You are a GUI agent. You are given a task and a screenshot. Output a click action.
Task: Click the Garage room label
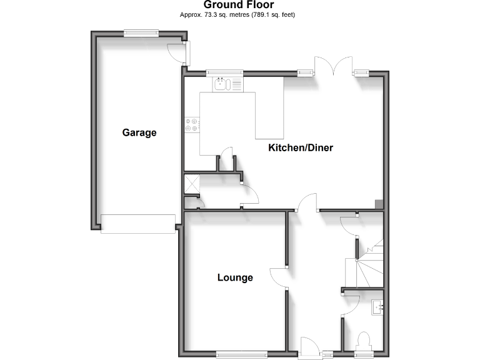(x=139, y=132)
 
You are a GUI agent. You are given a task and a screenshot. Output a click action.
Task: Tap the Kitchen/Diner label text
(x=301, y=148)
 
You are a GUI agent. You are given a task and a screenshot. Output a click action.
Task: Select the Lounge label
(x=235, y=277)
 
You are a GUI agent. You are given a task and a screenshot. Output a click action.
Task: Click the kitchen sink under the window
(x=222, y=84)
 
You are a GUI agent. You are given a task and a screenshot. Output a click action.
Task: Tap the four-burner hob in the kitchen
(x=191, y=125)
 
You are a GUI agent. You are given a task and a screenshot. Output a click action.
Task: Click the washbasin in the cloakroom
(x=377, y=307)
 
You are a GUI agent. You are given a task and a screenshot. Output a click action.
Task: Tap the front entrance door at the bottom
(x=309, y=347)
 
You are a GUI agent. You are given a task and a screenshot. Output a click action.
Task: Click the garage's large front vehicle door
(x=138, y=223)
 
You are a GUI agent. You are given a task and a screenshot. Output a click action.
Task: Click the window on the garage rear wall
(x=139, y=34)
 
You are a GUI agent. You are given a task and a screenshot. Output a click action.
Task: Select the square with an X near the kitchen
(x=191, y=184)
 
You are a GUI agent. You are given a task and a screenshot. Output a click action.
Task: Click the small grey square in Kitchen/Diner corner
(x=379, y=203)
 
